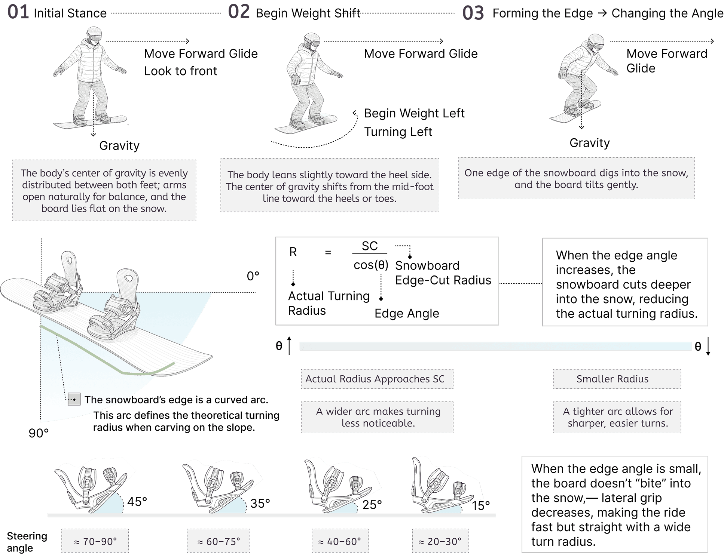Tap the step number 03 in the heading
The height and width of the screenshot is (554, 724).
(x=473, y=13)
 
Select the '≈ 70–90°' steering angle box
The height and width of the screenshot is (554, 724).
(x=95, y=541)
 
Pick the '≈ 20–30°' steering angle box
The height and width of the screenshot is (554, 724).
(x=440, y=541)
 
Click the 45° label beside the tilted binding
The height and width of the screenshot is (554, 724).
(x=137, y=502)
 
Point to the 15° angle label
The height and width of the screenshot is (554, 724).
(x=481, y=506)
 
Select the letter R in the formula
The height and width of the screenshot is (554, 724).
(x=293, y=252)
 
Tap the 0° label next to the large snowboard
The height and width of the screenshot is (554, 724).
(x=253, y=276)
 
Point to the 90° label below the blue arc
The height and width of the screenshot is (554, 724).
(x=39, y=433)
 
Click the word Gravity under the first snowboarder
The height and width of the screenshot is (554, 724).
(x=119, y=145)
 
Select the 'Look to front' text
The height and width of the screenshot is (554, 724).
(x=180, y=71)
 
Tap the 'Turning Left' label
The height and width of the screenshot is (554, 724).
(x=398, y=132)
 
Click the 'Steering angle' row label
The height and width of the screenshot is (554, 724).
(x=27, y=542)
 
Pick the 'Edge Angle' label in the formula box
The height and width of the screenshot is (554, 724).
(x=407, y=313)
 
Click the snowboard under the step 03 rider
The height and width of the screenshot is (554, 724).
(x=575, y=112)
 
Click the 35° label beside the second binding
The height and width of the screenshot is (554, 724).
(x=260, y=504)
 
